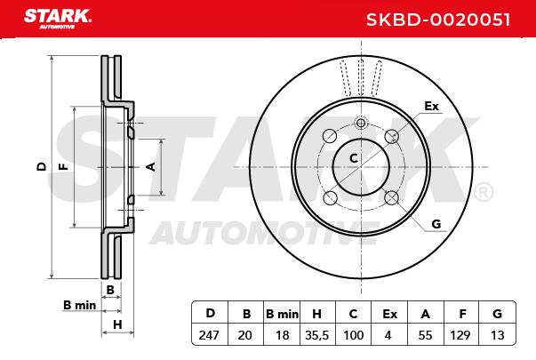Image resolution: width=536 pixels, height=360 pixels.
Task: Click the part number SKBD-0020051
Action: (438, 20)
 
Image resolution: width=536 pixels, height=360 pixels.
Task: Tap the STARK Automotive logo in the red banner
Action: (57, 19)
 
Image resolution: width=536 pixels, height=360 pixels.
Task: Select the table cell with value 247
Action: (209, 335)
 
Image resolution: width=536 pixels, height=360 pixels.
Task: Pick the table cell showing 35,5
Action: (316, 335)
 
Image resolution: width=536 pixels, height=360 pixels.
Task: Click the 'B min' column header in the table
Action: (282, 314)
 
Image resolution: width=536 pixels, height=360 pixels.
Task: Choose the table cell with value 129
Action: (460, 335)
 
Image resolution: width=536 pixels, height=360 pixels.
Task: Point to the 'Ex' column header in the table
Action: (389, 314)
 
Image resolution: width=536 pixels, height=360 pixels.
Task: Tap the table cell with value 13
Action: (497, 335)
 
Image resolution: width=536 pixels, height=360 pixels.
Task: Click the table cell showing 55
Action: (425, 335)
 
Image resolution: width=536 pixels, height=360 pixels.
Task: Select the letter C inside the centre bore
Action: (354, 158)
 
